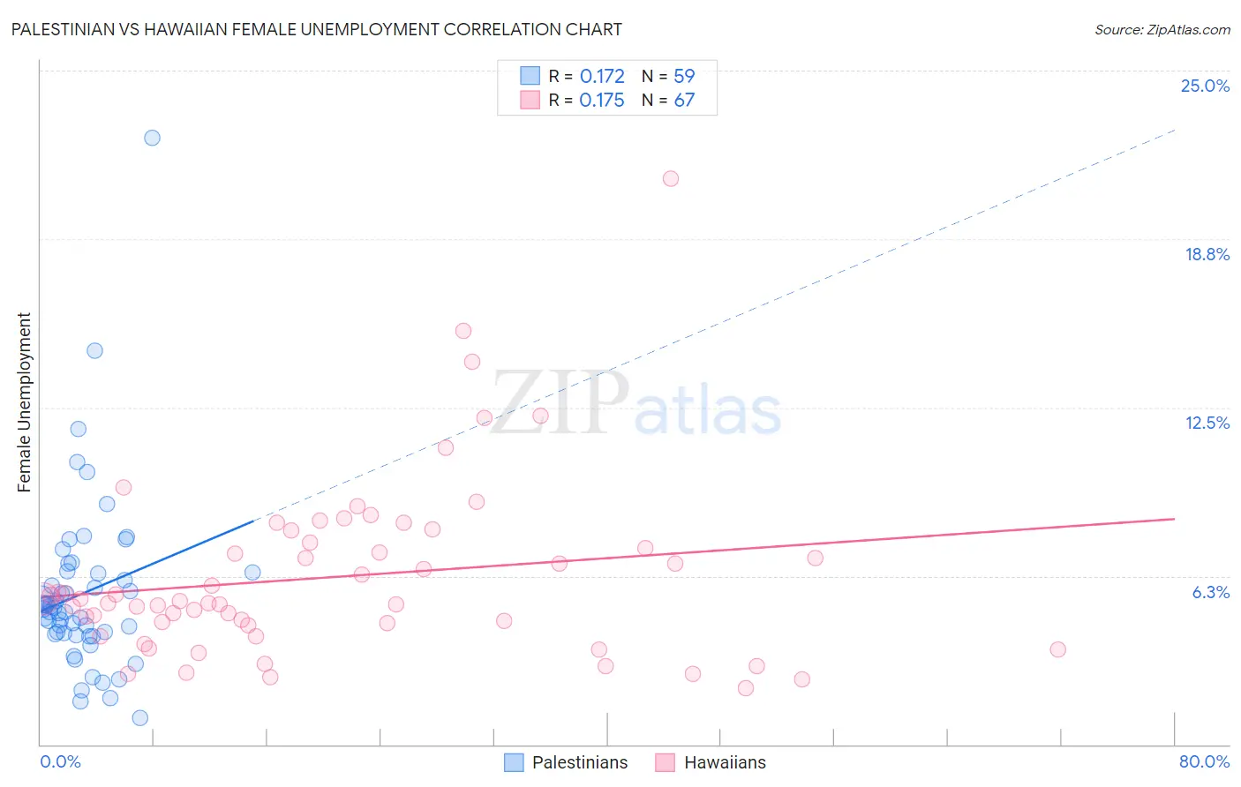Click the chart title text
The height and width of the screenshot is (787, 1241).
click(316, 29)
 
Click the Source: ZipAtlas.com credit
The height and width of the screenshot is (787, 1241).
click(1162, 29)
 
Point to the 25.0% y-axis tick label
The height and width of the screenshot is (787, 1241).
click(1205, 86)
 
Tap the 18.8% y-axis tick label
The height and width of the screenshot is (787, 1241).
click(1207, 254)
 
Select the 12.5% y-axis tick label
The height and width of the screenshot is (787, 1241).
click(1207, 423)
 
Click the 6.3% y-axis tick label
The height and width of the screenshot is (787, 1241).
click(1210, 592)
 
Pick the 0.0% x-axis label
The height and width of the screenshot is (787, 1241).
click(60, 761)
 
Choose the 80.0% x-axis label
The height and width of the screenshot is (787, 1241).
click(1204, 761)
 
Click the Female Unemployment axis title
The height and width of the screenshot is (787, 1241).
click(24, 401)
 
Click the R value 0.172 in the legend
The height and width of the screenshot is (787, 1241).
click(602, 76)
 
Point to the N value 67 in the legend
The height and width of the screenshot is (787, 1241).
click(684, 100)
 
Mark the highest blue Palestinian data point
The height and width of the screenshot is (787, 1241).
click(152, 138)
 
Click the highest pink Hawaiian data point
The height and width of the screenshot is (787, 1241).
click(671, 178)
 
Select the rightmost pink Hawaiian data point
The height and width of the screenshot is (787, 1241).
click(1058, 649)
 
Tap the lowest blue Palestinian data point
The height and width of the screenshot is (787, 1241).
click(139, 718)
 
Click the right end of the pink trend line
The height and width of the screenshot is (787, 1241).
click(1175, 519)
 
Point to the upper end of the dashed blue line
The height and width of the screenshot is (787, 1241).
click(1175, 130)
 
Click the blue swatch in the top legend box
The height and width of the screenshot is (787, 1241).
click(530, 76)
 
